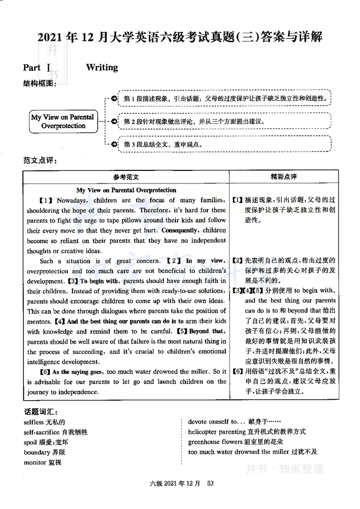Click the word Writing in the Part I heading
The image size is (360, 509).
click(x=102, y=67)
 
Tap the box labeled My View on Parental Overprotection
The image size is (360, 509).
click(x=63, y=121)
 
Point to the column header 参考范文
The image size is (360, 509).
click(x=126, y=177)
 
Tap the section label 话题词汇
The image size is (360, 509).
click(x=40, y=411)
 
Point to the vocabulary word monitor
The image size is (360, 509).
click(x=35, y=462)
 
